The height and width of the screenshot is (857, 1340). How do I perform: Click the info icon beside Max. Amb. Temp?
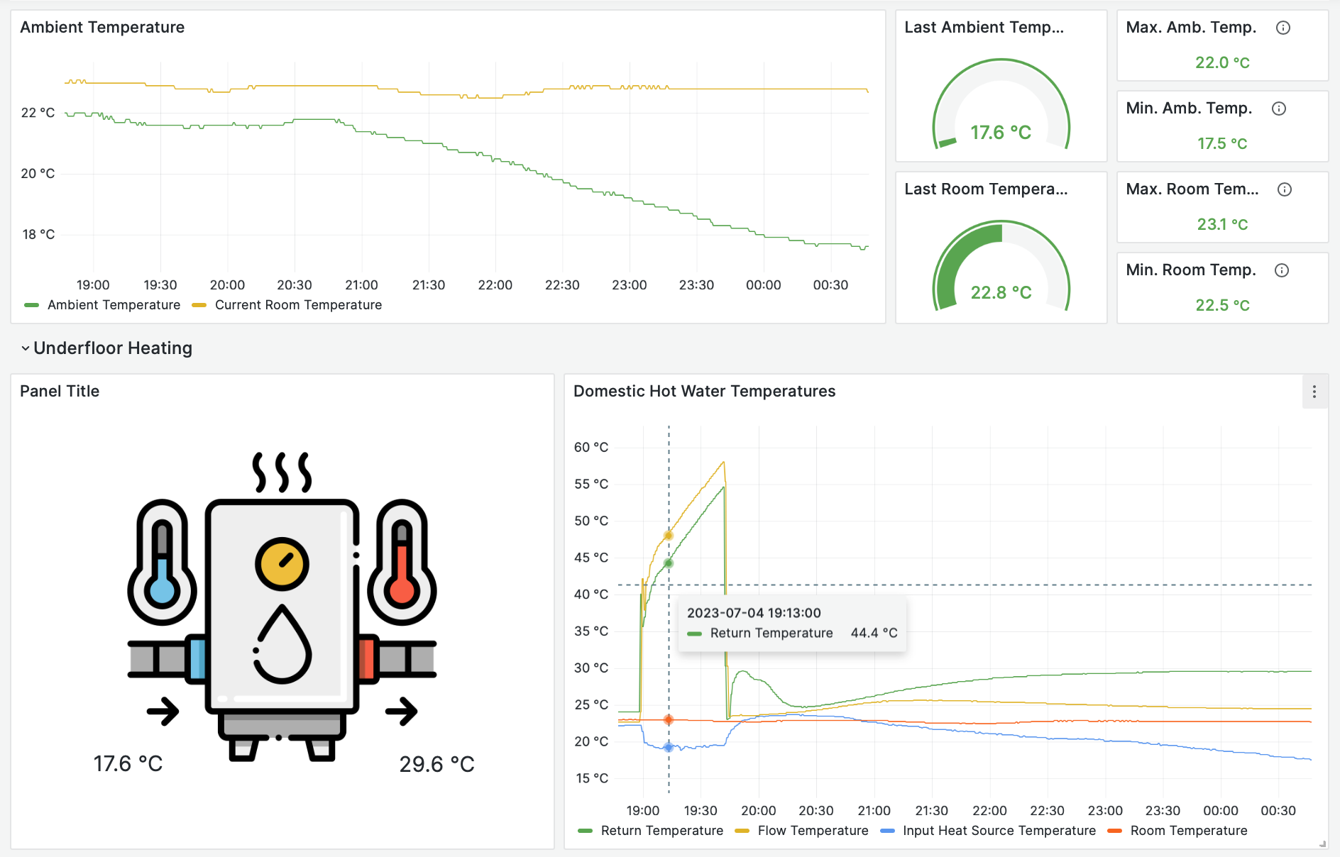point(1283,28)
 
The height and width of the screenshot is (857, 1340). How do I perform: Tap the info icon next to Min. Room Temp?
point(1282,270)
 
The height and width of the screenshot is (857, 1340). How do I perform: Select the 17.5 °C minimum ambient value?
point(1222,143)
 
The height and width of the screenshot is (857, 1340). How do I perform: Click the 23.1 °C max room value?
point(1222,224)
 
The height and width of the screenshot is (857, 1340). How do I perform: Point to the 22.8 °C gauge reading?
point(1001,292)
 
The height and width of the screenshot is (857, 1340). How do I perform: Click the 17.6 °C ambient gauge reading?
point(1001,133)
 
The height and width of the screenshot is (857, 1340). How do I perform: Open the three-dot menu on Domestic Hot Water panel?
point(1314,392)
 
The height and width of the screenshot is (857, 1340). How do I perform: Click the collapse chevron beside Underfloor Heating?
point(26,348)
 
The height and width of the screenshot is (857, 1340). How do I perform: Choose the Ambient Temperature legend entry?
point(114,305)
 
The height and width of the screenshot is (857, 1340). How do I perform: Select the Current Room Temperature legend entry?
point(298,305)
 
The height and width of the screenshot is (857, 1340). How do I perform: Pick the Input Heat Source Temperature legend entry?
point(999,831)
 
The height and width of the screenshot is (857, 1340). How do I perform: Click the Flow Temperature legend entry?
point(813,831)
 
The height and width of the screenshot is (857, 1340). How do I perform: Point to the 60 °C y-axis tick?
point(591,447)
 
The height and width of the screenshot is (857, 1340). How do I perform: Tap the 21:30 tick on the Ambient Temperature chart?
point(429,285)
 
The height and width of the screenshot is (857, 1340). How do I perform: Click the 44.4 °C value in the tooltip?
point(874,633)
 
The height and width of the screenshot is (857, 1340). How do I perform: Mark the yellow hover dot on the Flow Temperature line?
point(669,535)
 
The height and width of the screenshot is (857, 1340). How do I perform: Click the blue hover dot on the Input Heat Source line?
point(669,747)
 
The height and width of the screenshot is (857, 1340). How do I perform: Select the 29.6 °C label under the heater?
point(436,764)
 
